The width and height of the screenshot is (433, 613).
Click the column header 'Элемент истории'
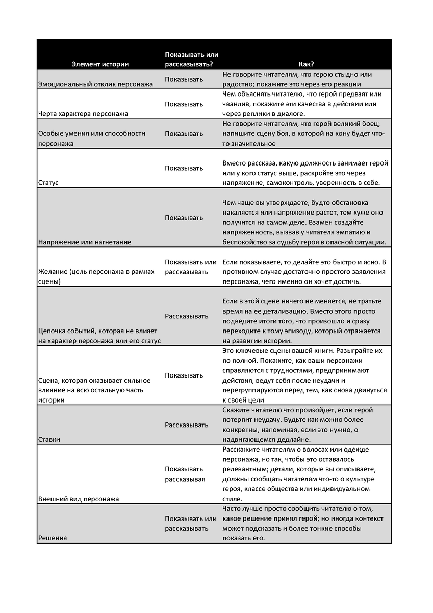coord(100,64)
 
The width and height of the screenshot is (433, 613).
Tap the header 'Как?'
coord(306,64)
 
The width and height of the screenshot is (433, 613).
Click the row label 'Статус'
coord(48,182)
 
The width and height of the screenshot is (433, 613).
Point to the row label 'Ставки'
coord(49,439)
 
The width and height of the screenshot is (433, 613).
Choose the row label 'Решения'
coord(53,538)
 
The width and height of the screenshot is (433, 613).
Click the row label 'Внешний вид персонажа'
coord(79,499)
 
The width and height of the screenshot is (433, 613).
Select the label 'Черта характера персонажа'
coord(83,113)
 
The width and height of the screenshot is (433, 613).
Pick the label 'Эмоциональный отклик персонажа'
coord(95,84)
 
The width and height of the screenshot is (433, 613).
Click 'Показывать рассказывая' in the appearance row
coord(185,474)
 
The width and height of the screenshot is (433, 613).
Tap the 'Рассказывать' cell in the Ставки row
coord(186,425)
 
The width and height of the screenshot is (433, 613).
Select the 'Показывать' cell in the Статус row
coord(184,168)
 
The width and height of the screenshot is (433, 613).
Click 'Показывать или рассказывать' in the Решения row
coord(190,524)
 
